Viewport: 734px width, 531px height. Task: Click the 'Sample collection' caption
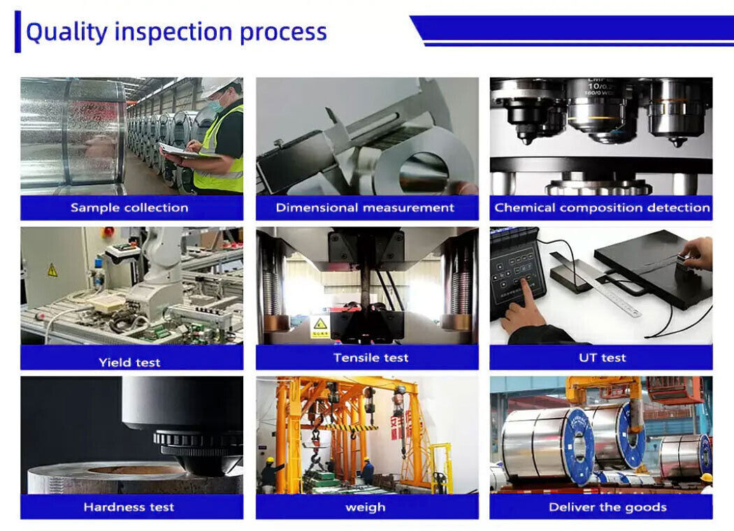129,208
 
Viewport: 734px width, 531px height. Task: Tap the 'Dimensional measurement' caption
365,208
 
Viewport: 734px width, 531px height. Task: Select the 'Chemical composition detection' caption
602,208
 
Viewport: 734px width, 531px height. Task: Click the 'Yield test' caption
129,362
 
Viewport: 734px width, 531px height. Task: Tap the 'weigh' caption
365,507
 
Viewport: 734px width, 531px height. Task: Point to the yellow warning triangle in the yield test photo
52,270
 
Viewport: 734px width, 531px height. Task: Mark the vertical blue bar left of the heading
17,32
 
